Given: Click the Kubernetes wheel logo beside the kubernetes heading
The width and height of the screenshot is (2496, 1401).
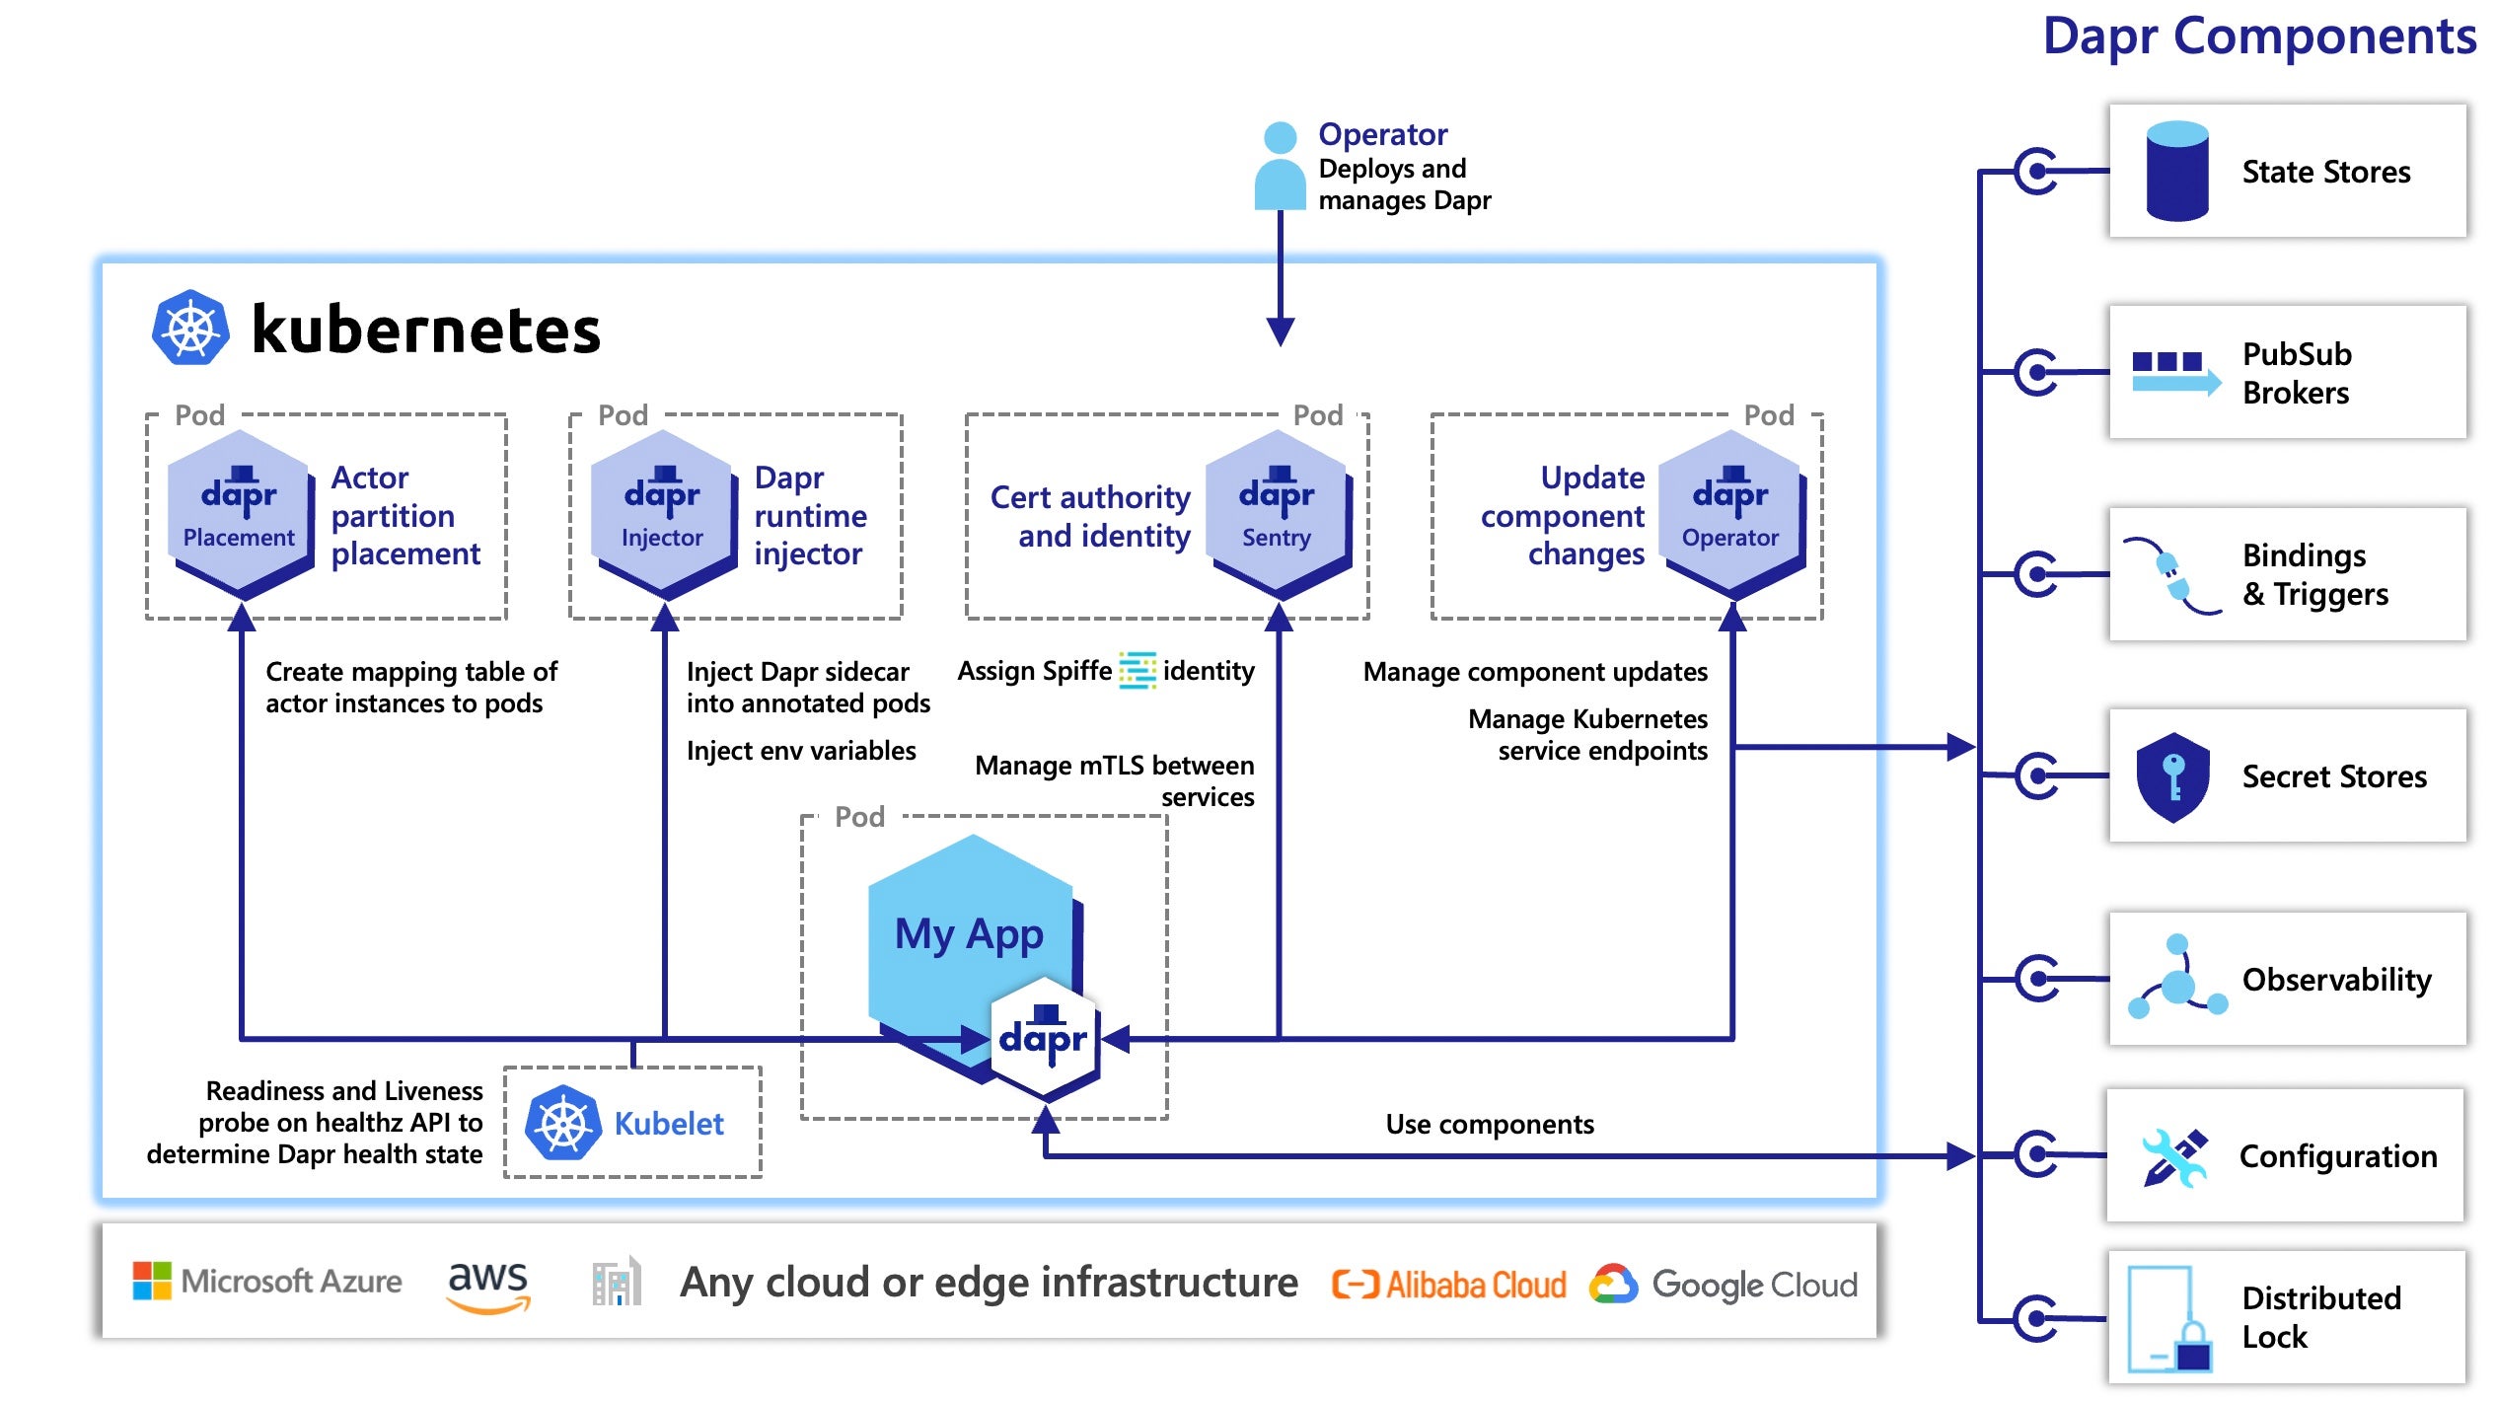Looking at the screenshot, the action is (190, 328).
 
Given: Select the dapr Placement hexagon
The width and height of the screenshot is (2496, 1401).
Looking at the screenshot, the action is (241, 514).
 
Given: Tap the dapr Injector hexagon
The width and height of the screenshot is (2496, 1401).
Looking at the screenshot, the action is (664, 514).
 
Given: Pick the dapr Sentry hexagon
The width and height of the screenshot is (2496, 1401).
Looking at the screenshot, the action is (1279, 514).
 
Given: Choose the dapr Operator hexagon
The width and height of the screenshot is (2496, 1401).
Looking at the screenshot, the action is (1731, 514).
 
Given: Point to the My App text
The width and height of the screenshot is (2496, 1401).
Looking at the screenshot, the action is (969, 933).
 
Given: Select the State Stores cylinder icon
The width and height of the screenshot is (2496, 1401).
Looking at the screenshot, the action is (2176, 171).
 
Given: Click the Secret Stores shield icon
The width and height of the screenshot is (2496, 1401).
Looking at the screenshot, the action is (2172, 776).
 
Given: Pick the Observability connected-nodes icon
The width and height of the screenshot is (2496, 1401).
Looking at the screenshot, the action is (2177, 978).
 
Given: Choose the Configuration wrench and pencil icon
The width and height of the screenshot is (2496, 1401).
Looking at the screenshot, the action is (2174, 1156).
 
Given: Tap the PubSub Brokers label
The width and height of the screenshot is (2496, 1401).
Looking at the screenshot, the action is (2297, 373).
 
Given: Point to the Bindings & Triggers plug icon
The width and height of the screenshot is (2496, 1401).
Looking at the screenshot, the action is (2171, 575).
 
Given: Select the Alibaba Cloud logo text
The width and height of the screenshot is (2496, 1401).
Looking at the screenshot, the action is (1448, 1285).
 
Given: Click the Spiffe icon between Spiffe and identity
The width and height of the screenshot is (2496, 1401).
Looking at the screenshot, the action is (1137, 671).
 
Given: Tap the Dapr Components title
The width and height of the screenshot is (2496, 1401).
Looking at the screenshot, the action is (2259, 37).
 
